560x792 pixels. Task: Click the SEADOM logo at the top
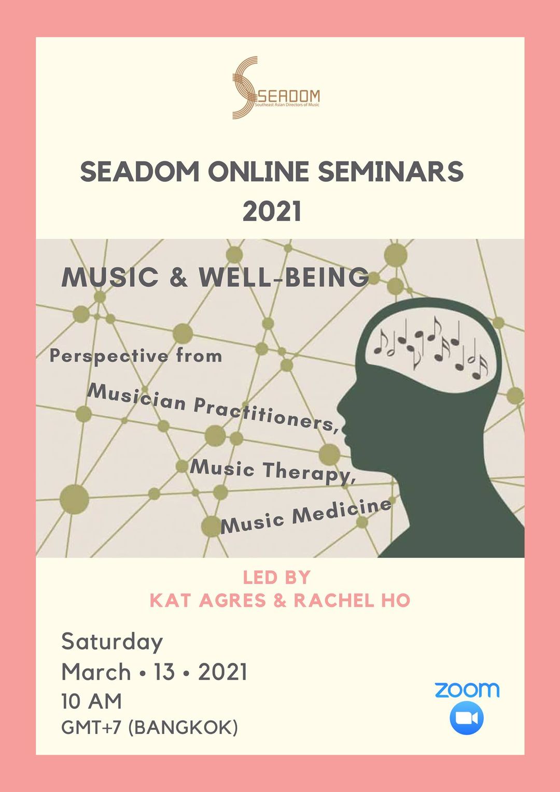276,87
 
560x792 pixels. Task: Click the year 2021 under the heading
272,211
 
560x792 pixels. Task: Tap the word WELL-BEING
284,277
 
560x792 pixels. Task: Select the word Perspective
108,356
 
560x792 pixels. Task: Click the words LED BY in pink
277,577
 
